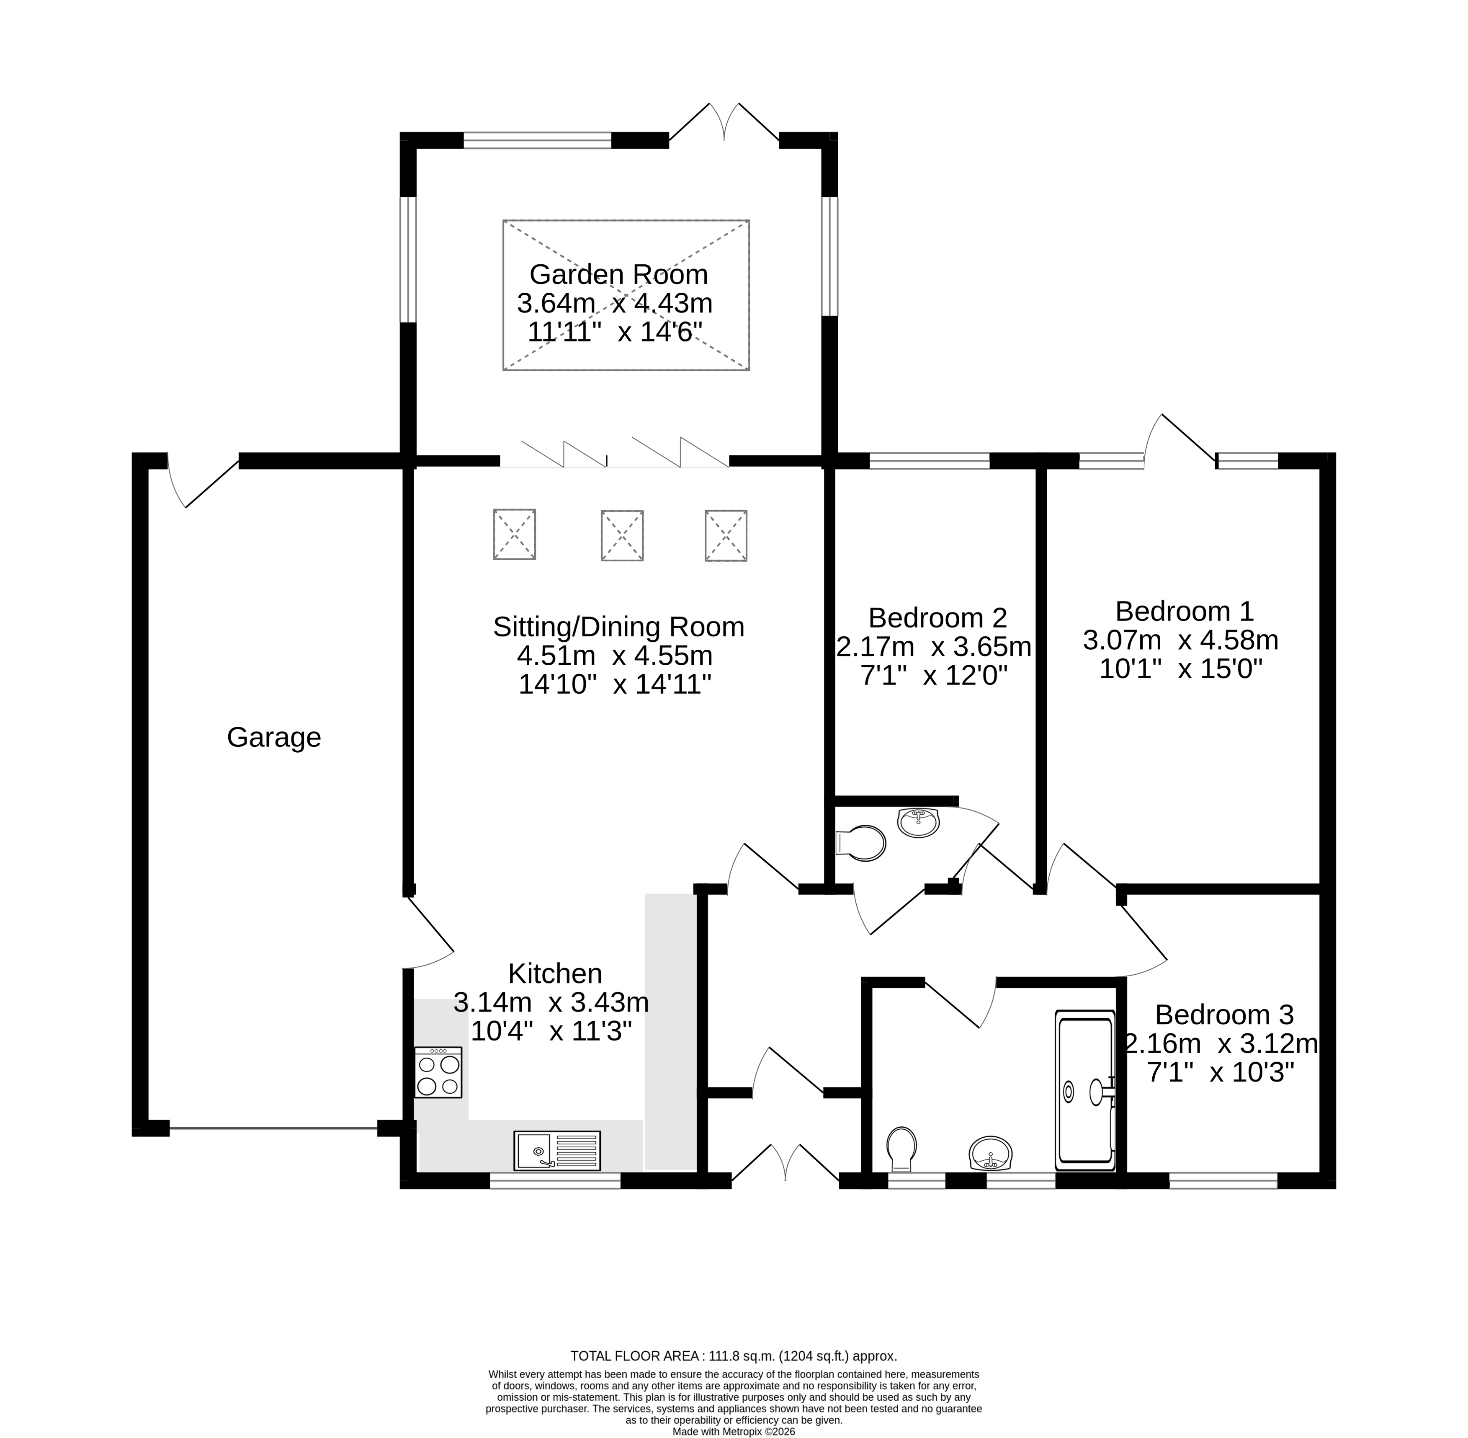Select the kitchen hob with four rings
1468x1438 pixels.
click(x=438, y=1072)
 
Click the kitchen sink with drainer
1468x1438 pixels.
click(x=557, y=1150)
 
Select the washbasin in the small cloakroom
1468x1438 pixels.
click(x=918, y=822)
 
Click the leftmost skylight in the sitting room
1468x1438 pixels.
click(x=514, y=534)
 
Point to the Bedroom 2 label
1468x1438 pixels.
click(x=937, y=618)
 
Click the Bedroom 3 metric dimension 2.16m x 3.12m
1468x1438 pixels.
click(x=1221, y=1044)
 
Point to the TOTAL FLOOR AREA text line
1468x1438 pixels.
click(x=733, y=1355)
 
